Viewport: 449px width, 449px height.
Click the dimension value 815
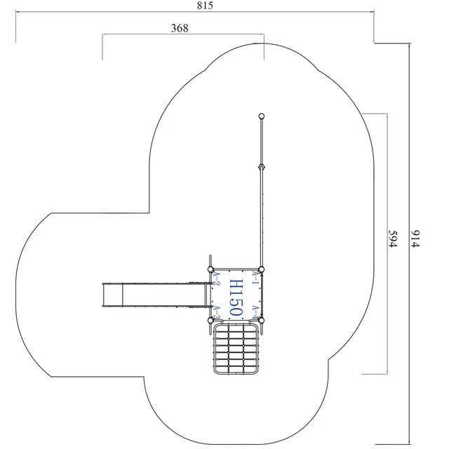(x=205, y=6)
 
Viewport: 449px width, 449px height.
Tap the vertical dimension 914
(x=416, y=239)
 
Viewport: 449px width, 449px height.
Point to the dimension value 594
(x=394, y=239)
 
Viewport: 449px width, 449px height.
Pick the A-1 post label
(x=255, y=278)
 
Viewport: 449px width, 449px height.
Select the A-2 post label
(x=217, y=279)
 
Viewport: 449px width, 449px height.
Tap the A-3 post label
(x=217, y=311)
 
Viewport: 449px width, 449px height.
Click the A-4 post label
(x=255, y=311)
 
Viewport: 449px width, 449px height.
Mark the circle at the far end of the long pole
(x=261, y=116)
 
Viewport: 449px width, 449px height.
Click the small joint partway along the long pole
(x=261, y=167)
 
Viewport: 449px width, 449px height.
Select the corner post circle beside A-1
(x=261, y=269)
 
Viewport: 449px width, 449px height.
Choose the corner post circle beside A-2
(x=210, y=269)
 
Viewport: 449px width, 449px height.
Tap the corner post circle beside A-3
(x=210, y=320)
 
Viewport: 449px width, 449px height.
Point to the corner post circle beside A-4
(x=261, y=320)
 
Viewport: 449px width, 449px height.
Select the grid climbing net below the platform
(x=236, y=349)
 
